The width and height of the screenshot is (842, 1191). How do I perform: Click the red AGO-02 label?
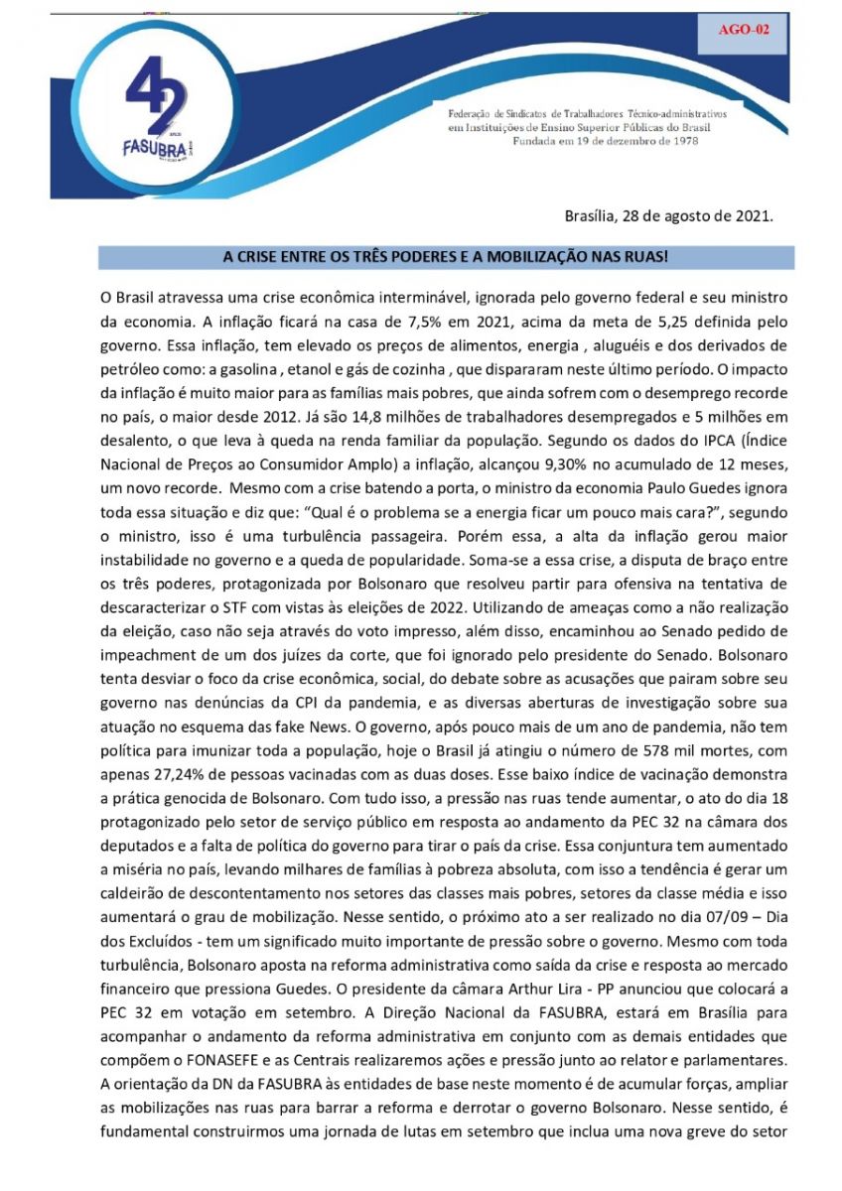[x=744, y=29]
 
